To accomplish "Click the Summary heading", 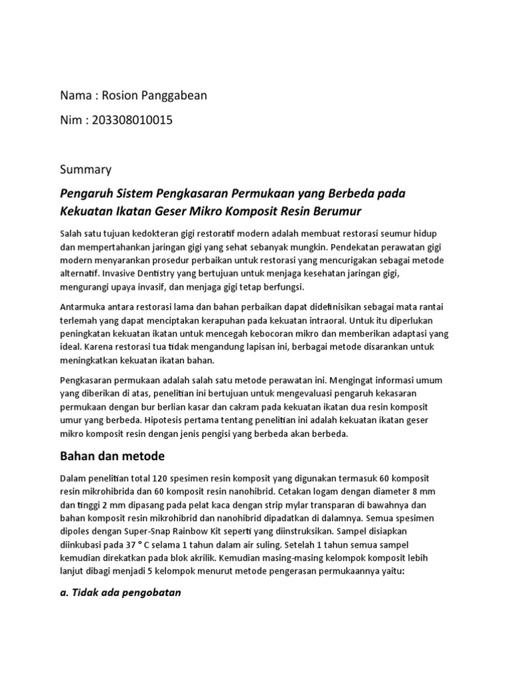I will coord(86,170).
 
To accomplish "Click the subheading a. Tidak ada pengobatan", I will coord(120,591).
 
